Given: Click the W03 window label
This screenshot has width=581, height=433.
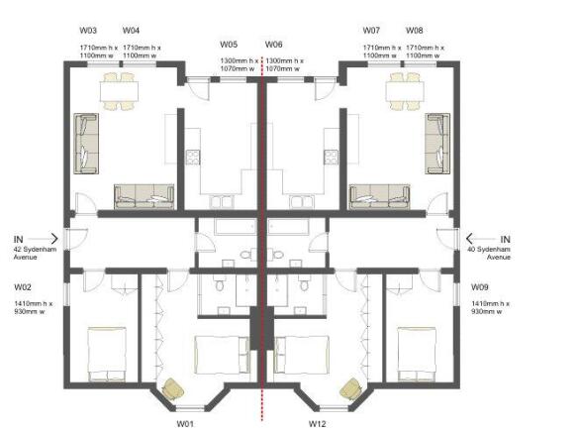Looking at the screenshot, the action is (88, 31).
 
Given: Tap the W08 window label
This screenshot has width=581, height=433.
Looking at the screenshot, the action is (414, 31).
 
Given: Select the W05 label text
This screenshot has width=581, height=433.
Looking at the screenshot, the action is (229, 45).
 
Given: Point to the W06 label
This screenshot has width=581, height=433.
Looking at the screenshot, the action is (274, 45).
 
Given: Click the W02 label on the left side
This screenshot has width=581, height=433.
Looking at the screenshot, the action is (23, 287).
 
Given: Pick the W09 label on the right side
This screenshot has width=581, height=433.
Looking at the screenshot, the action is (480, 287).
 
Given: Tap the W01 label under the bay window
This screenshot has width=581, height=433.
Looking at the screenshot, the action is (185, 424).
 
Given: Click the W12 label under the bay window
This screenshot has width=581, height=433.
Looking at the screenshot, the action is (317, 424).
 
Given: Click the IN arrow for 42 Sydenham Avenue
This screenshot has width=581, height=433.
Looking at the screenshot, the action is (44, 239).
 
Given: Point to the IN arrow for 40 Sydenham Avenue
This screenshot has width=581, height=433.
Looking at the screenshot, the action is (481, 239).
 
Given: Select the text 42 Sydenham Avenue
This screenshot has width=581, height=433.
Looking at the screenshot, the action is (35, 253).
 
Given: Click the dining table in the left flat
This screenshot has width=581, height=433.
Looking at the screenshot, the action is (119, 91).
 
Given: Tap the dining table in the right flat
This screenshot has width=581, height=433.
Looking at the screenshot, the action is (405, 91).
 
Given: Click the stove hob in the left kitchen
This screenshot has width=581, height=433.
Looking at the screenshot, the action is (193, 157).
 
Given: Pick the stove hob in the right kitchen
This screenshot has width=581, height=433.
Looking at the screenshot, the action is (331, 157).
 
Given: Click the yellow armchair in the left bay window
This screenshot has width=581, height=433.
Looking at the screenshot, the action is (173, 388).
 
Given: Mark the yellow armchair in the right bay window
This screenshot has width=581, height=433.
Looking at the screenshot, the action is (350, 388).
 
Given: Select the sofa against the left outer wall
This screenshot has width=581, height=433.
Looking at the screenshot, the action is (86, 144).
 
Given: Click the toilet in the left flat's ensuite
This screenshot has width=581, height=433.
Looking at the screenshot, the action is (220, 285).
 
